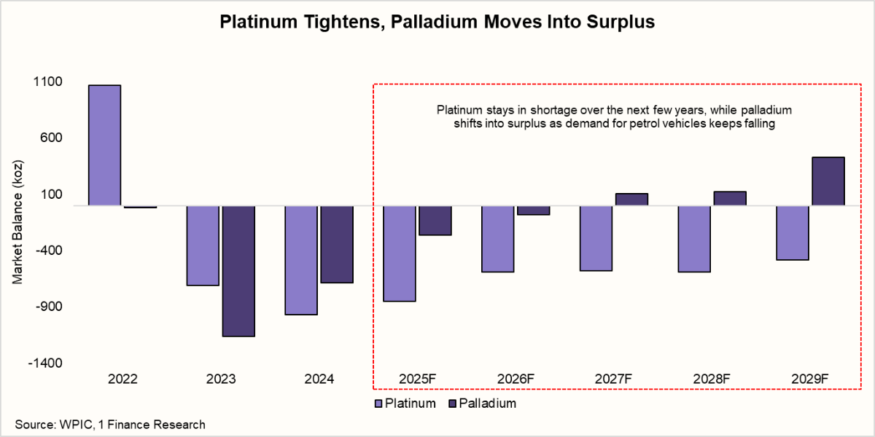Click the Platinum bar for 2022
(x=104, y=145)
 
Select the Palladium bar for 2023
(x=238, y=271)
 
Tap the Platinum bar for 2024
(x=301, y=260)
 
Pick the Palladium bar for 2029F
(x=828, y=181)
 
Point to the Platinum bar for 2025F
(x=400, y=253)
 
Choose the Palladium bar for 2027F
(x=631, y=200)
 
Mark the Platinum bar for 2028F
(x=694, y=239)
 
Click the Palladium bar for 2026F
(x=533, y=210)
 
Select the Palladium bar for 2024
(x=337, y=244)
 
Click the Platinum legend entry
(x=405, y=403)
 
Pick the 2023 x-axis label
(x=221, y=379)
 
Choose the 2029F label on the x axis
(x=811, y=379)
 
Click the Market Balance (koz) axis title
(x=18, y=221)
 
